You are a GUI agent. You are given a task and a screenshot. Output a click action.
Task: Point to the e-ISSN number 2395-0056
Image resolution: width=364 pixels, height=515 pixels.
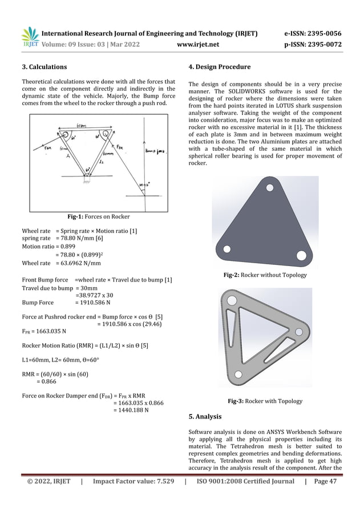[x=322, y=33]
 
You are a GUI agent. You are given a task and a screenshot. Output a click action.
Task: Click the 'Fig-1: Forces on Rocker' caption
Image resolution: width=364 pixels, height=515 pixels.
[x=99, y=216]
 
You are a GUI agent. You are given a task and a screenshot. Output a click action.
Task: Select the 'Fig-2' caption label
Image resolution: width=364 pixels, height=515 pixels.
[x=232, y=275]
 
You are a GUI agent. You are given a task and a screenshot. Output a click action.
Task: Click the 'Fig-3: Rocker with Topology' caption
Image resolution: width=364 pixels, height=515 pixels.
[x=265, y=401]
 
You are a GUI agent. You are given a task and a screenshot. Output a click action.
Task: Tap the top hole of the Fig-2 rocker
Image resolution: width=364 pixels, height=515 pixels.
[x=267, y=186]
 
